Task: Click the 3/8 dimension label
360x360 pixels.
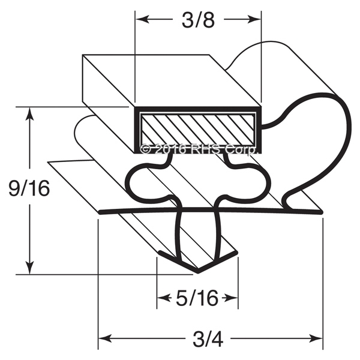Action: click(x=198, y=20)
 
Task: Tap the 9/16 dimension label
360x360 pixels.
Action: click(x=29, y=188)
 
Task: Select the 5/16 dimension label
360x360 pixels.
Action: click(x=197, y=298)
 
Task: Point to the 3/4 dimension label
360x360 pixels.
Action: click(x=208, y=338)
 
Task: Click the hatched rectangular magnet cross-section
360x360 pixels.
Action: click(x=197, y=130)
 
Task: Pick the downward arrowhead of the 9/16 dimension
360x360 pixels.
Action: click(x=29, y=266)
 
